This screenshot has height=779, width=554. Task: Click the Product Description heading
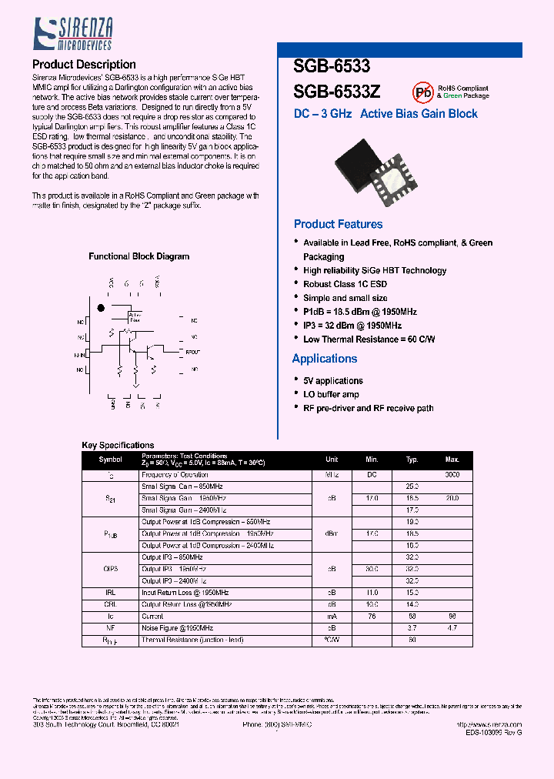pos(84,65)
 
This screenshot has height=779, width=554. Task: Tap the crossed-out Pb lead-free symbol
pos(422,92)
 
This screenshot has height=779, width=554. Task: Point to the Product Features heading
pos(338,224)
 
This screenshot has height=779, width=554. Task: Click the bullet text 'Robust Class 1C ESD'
pos(345,284)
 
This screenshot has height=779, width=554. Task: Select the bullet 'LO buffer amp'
pos(331,394)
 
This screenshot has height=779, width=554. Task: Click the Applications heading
pos(325,359)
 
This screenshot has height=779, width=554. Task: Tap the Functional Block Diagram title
pos(138,256)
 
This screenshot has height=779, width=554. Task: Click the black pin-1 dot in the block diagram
pos(99,308)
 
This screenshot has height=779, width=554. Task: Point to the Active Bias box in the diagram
pos(135,316)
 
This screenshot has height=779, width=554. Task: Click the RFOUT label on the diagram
pos(192,352)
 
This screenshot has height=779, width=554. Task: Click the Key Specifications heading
pos(118,445)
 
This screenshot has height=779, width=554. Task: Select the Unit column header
pos(332,460)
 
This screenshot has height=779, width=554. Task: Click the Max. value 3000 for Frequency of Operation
pos(452,475)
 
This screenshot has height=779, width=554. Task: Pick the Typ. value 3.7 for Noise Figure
pos(412,628)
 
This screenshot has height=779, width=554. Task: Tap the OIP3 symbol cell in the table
pos(110,568)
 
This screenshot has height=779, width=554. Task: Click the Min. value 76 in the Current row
pos(372,617)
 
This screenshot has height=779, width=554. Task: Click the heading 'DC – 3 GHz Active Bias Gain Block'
pos(385,114)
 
